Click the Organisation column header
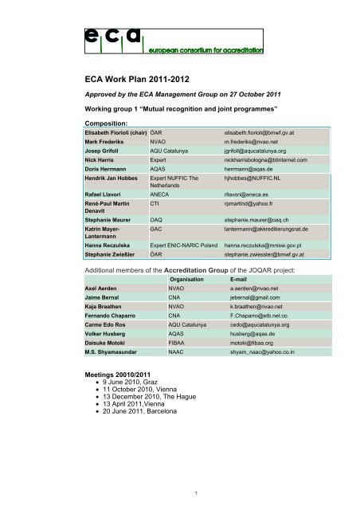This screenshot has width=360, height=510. tap(187, 303)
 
